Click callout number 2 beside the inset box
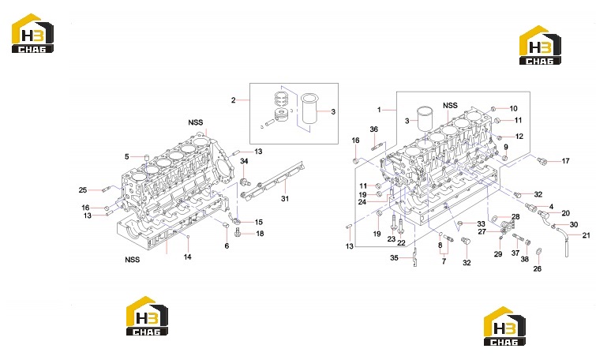tap(234, 100)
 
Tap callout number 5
tap(127, 156)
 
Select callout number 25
tap(83, 189)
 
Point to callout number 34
tap(244, 161)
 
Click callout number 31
tap(285, 198)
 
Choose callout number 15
tap(258, 222)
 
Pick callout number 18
tap(260, 234)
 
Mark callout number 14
tap(187, 257)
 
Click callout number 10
tap(514, 109)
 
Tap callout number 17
tap(565, 161)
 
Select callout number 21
tap(587, 236)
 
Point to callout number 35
tap(394, 257)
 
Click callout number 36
tap(374, 129)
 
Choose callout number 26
tap(537, 268)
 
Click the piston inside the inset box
tap(282, 114)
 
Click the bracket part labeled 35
tap(414, 258)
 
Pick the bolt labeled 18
tap(238, 232)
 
